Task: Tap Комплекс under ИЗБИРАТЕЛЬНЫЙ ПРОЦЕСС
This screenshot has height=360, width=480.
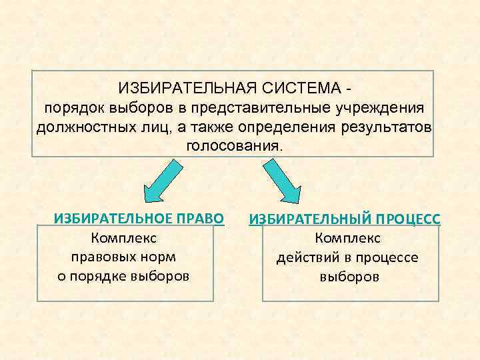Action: pos(349,238)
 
